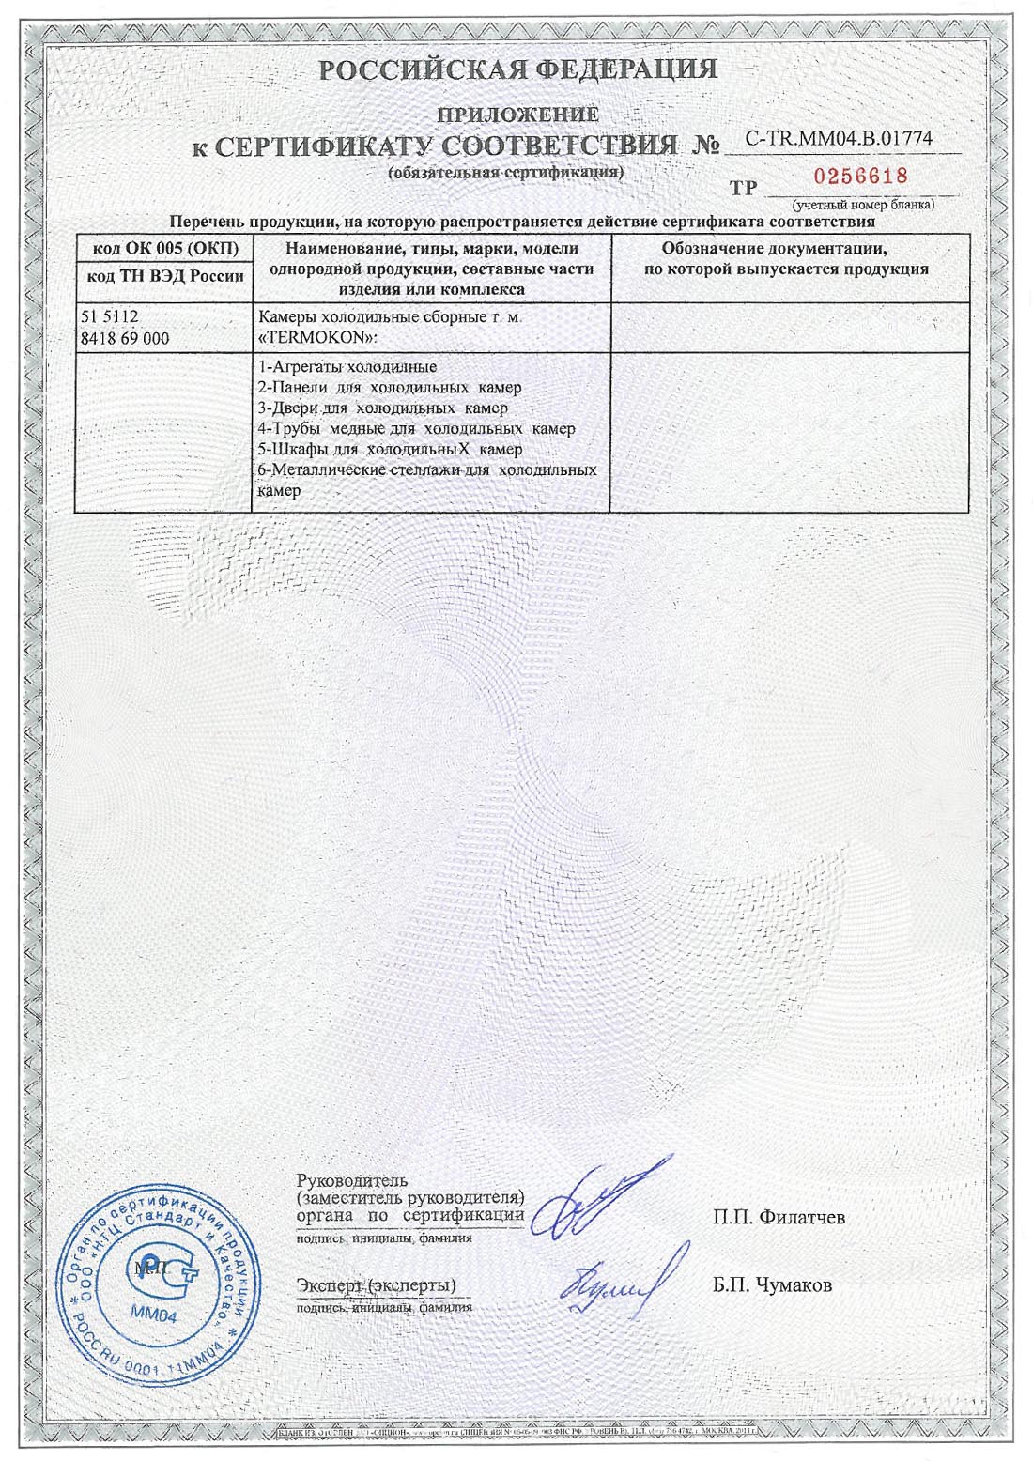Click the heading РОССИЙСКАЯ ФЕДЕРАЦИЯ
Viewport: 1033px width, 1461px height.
pyautogui.click(x=517, y=69)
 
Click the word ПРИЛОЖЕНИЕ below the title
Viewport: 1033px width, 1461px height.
pyautogui.click(x=518, y=115)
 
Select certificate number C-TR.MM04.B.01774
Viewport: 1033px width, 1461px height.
pyautogui.click(x=839, y=139)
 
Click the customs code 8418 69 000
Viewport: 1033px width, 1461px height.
pyautogui.click(x=126, y=338)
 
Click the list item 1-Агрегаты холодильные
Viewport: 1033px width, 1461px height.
pyautogui.click(x=347, y=367)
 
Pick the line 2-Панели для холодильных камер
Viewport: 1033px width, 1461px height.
pyautogui.click(x=389, y=388)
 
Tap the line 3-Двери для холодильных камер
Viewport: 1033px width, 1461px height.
pyautogui.click(x=382, y=408)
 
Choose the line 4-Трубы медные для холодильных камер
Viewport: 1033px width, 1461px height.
pyautogui.click(x=416, y=429)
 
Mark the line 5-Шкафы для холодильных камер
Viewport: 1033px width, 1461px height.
pyautogui.click(x=389, y=450)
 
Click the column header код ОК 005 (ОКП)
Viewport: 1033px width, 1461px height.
pyautogui.click(x=165, y=248)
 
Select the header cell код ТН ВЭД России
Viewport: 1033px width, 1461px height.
pyautogui.click(x=165, y=276)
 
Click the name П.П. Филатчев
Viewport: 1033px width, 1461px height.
pyautogui.click(x=779, y=1218)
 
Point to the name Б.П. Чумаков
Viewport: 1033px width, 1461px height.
pyautogui.click(x=772, y=1285)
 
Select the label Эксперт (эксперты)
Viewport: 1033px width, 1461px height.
pyautogui.click(x=376, y=1284)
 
